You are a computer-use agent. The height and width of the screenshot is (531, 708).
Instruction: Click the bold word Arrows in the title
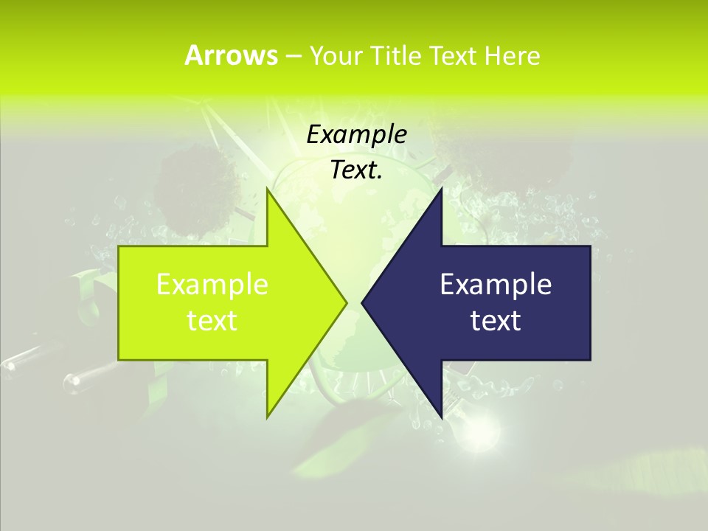click(x=231, y=55)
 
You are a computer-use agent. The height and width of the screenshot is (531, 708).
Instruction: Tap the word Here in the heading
click(x=512, y=55)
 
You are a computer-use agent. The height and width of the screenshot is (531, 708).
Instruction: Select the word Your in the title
click(x=336, y=55)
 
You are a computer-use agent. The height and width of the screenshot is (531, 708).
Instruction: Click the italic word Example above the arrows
click(x=357, y=135)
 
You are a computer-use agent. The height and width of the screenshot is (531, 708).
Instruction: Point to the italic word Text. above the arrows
click(x=357, y=170)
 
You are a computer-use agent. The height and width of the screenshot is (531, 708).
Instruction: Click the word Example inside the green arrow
click(x=212, y=284)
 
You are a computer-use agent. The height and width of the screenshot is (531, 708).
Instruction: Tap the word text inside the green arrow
click(x=212, y=320)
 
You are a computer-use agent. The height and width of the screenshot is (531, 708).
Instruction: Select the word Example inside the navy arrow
click(x=496, y=284)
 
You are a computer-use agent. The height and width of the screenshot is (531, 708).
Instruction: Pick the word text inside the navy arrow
click(x=496, y=320)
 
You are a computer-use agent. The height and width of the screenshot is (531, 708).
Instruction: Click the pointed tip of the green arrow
click(x=345, y=302)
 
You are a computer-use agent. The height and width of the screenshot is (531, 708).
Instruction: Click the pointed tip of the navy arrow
click(x=364, y=302)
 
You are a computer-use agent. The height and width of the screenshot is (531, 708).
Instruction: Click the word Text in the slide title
click(x=454, y=55)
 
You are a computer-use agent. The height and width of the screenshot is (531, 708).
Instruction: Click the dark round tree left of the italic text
click(x=195, y=188)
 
